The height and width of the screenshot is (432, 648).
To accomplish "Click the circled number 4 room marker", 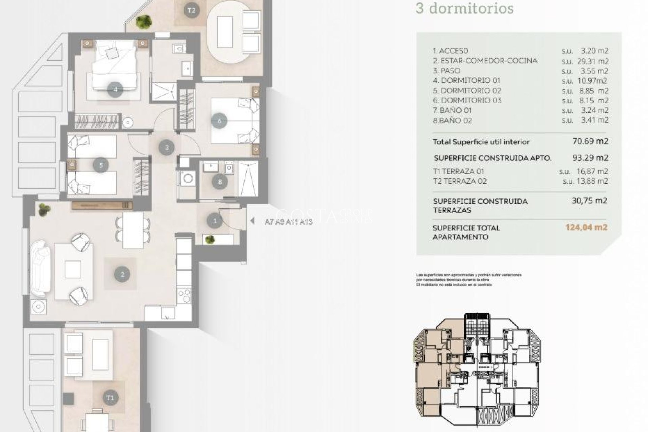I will tap(115, 90).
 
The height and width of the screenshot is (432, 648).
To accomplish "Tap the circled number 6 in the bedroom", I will tap(220, 120).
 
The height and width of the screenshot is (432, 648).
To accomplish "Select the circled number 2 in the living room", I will tap(122, 274).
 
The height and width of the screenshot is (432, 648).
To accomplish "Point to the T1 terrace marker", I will tap(110, 398).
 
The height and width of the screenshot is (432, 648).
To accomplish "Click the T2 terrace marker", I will tap(191, 10).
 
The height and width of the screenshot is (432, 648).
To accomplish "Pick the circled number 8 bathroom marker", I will tap(220, 182).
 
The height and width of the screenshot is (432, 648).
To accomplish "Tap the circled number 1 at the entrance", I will tap(215, 221).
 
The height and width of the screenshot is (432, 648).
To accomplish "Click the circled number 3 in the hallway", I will tap(167, 147).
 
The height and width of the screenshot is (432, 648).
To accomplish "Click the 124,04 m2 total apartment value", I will tap(586, 227).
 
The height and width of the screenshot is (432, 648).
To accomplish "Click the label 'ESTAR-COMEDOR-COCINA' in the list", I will tap(485, 61).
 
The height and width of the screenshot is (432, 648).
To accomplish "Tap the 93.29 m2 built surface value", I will tap(590, 158).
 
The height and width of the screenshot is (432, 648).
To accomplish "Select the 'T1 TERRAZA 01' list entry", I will tap(458, 171).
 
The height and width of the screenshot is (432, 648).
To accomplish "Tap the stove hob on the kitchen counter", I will tap(184, 296).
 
